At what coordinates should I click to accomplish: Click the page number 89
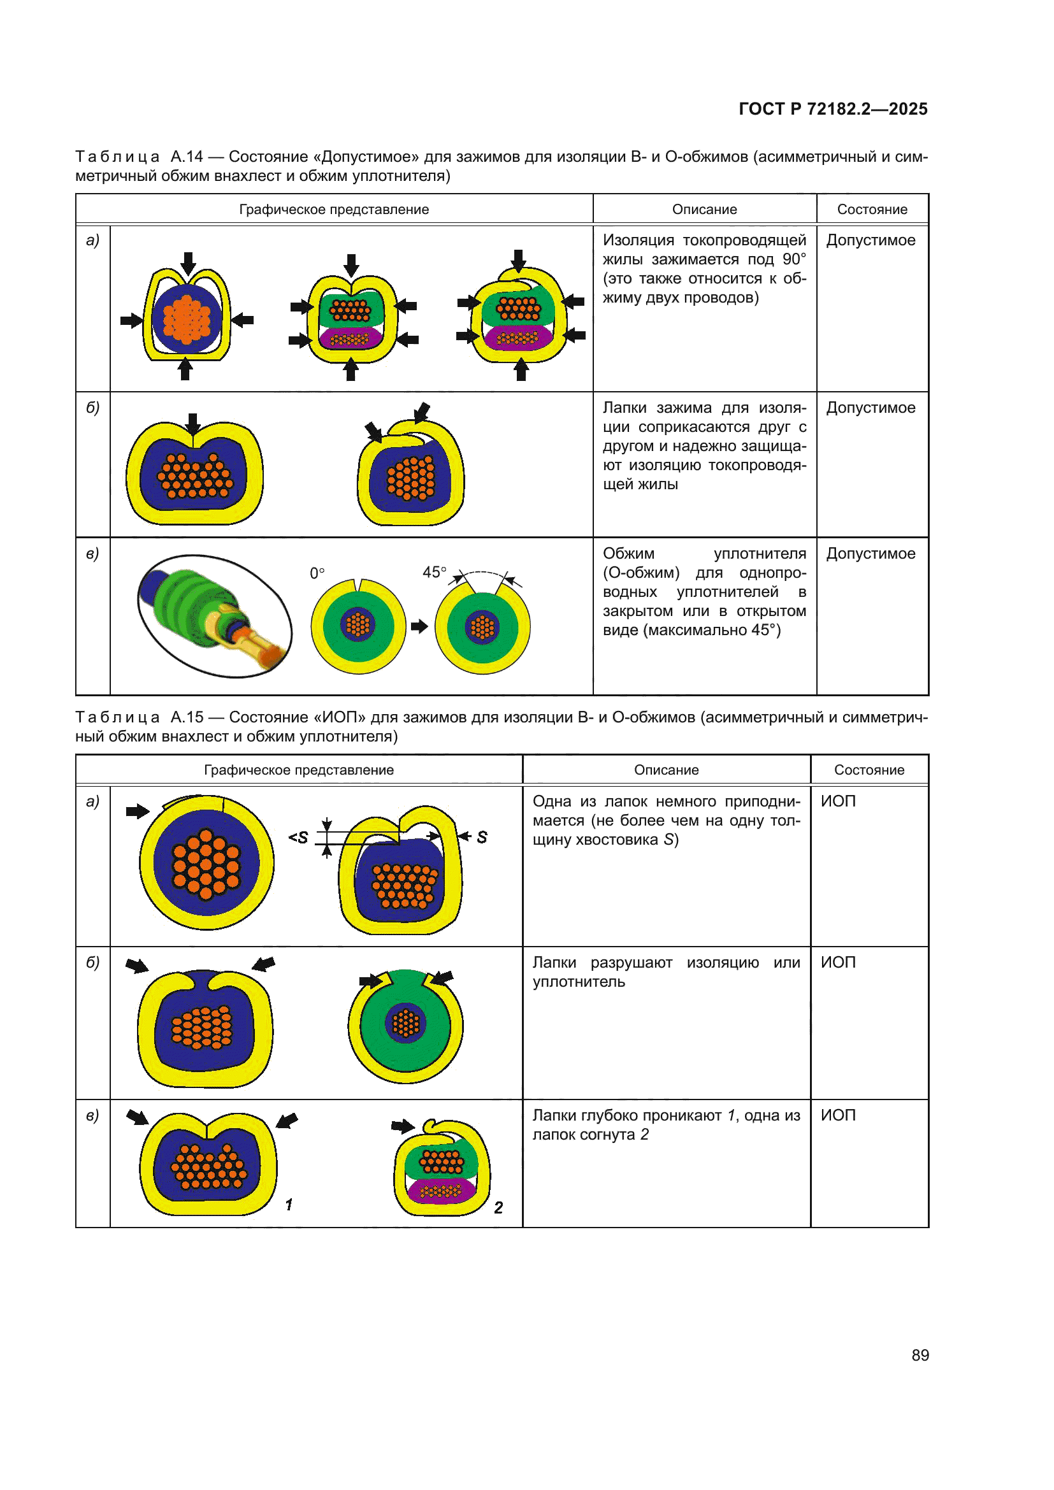pos(920,1355)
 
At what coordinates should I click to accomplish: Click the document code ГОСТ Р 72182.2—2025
pos(833,109)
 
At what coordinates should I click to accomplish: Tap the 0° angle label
pos(317,573)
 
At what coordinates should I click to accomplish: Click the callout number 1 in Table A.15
pos(289,1205)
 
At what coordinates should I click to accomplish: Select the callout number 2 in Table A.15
pos(498,1207)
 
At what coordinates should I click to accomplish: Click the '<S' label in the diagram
pos(298,838)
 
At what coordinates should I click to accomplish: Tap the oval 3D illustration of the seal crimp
pos(215,616)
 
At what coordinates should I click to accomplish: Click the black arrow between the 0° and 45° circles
pos(419,626)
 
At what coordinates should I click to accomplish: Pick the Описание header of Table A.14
pos(704,210)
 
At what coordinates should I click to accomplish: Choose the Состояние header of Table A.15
pos(869,770)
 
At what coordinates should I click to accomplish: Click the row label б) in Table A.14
pos(93,408)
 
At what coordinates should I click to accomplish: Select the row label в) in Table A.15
pos(93,1115)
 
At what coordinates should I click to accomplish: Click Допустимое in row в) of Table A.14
pos(870,554)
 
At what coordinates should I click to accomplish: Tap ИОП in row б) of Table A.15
pos(838,963)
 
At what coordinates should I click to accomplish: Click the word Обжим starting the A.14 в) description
pos(628,554)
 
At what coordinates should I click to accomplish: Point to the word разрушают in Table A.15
pos(631,963)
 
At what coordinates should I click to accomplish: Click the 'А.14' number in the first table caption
pos(186,157)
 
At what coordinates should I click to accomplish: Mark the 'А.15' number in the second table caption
pos(186,717)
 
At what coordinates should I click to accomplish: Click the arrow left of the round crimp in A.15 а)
pos(138,810)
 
